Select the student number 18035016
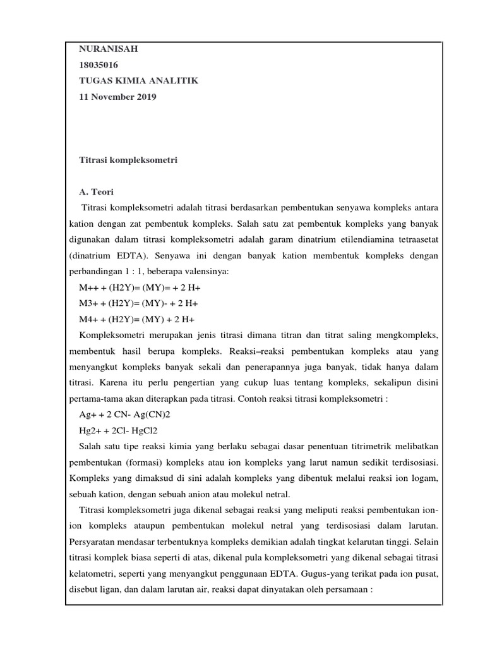pyautogui.click(x=98, y=64)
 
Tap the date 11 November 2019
pyautogui.click(x=117, y=97)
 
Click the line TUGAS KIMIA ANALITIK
pyautogui.click(x=129, y=80)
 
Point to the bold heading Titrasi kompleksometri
pyautogui.click(x=128, y=160)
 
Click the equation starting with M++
pyautogui.click(x=140, y=287)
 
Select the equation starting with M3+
pyautogui.click(x=139, y=303)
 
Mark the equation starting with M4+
pyautogui.click(x=139, y=319)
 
